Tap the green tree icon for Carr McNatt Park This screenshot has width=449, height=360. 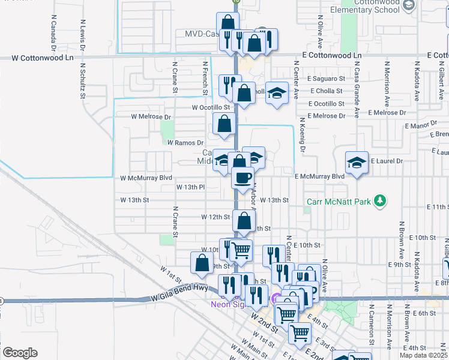coord(379,200)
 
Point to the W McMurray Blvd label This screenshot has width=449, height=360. coord(146,178)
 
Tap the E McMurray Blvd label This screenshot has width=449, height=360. coord(319,176)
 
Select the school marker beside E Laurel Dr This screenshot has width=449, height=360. coord(357,162)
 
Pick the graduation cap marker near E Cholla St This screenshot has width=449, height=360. coord(277,92)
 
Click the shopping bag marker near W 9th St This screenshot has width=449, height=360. coord(202,262)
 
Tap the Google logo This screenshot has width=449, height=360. coord(20,353)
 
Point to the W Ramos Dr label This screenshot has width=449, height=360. coord(182,143)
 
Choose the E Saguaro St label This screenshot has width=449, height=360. coord(327,79)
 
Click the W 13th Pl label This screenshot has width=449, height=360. coord(191,187)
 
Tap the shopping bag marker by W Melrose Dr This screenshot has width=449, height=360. coord(224,124)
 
